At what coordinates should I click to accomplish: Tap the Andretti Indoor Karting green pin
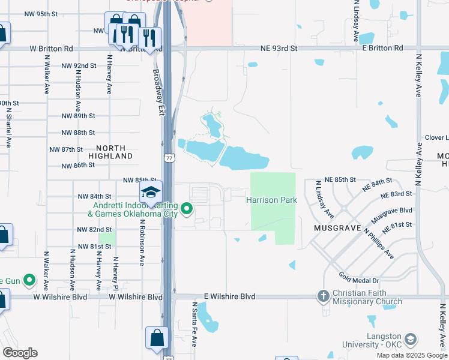click(187, 209)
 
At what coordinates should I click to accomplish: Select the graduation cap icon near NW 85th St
click(151, 192)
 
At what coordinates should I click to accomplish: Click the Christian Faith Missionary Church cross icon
click(324, 296)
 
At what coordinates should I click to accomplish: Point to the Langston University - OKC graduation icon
click(411, 339)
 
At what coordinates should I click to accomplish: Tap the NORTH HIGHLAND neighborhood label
click(110, 152)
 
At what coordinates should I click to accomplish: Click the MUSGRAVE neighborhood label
click(337, 229)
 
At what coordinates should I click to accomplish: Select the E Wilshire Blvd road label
click(230, 296)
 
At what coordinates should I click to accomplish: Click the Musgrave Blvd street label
click(392, 211)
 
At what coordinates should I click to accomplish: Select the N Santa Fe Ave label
click(194, 324)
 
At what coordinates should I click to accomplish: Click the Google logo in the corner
click(19, 353)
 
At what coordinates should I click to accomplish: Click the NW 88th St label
click(78, 133)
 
